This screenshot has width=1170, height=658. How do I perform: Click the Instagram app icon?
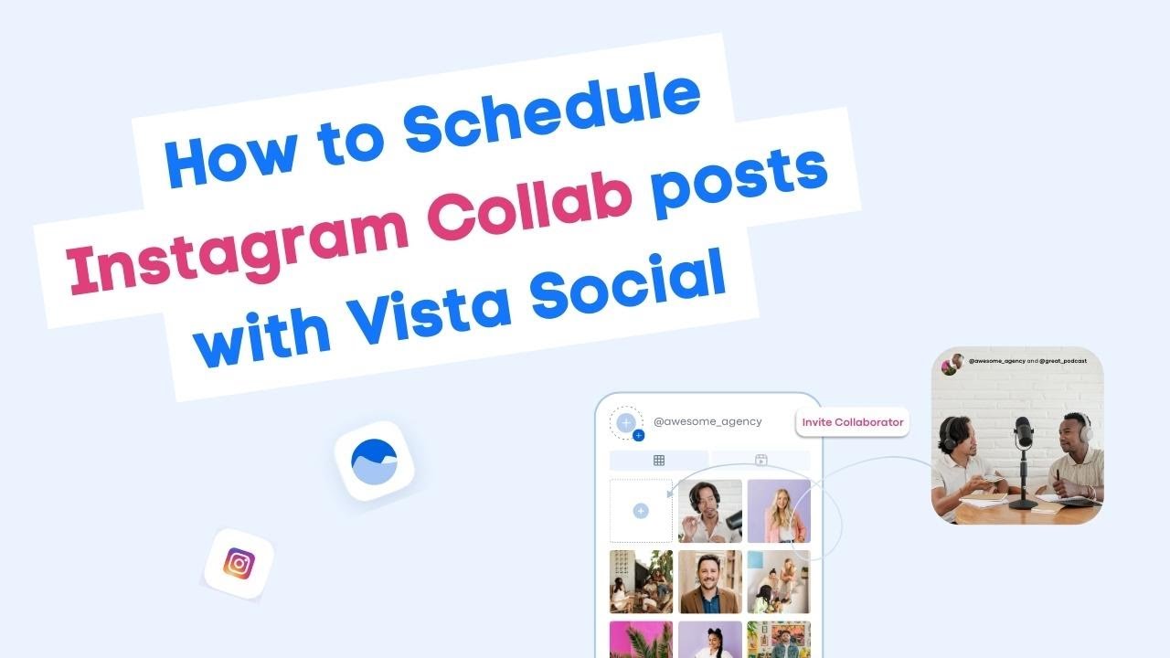pyautogui.click(x=239, y=563)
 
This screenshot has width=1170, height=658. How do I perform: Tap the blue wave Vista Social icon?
pyautogui.click(x=375, y=461)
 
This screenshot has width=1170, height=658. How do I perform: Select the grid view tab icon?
pyautogui.click(x=658, y=461)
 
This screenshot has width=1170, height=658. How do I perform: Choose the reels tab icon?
pyautogui.click(x=760, y=461)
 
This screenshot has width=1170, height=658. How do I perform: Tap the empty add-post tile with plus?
pyautogui.click(x=641, y=511)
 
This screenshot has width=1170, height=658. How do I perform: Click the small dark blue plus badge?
pyautogui.click(x=638, y=435)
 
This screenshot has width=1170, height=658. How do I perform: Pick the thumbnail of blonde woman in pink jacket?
pyautogui.click(x=778, y=511)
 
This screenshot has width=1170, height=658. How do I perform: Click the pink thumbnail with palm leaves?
pyautogui.click(x=641, y=640)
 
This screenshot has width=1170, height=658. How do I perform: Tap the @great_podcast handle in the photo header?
pyautogui.click(x=1062, y=361)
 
